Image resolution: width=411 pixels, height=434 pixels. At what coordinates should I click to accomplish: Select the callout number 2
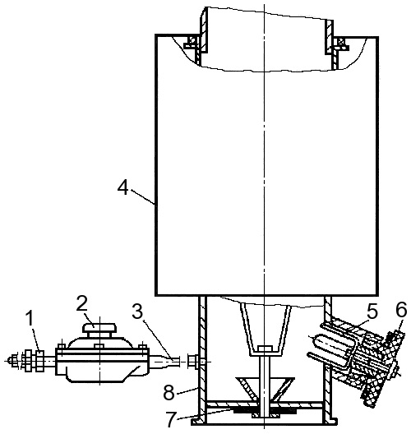pos(82,303)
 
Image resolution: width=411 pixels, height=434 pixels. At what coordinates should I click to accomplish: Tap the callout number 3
pos(137,311)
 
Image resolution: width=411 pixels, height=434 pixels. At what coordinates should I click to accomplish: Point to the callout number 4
pos(122,188)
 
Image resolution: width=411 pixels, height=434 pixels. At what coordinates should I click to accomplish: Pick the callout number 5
pos(372,312)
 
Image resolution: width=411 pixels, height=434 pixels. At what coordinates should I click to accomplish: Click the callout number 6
pos(401,309)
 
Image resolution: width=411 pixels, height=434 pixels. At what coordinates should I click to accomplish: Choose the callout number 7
pos(171,419)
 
